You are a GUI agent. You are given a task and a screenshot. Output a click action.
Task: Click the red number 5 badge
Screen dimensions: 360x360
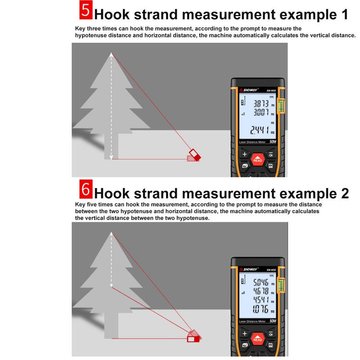coord(86,10)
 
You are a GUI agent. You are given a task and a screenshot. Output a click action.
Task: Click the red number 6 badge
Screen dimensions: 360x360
coord(86,189)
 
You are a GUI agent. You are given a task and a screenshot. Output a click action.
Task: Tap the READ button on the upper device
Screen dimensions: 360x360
coord(257,159)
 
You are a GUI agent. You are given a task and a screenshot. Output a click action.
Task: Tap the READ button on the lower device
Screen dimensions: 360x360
coord(257,338)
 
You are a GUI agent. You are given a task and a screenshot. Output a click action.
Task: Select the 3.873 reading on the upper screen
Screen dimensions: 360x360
coord(261,104)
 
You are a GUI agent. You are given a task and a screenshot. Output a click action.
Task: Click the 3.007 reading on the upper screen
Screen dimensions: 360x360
coord(261,112)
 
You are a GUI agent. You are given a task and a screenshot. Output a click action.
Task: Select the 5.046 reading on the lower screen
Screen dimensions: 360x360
coord(261,283)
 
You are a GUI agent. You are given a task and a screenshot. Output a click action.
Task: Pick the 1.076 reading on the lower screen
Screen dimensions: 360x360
coord(261,309)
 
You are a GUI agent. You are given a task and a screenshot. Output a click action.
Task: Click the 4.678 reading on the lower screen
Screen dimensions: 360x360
coord(261,291)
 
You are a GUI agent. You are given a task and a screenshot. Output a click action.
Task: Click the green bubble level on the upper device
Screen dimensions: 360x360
coord(281,106)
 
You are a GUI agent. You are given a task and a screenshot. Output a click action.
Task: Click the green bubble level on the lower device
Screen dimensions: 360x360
coord(281,285)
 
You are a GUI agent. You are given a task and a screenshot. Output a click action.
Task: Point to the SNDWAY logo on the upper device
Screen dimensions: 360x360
coord(249,90)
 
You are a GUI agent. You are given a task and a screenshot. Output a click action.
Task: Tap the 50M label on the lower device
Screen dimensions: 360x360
coord(273,321)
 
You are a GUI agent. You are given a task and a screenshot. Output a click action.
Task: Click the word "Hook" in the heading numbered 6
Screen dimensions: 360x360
coord(112,193)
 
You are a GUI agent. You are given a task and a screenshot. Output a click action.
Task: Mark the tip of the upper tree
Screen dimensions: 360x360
coord(111,53)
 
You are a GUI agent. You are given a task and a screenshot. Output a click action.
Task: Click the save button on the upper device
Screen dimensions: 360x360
coord(270,166)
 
